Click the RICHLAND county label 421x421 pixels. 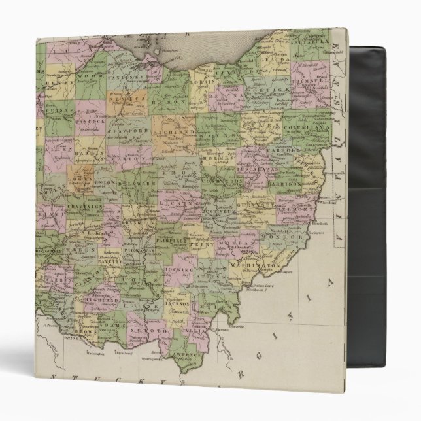click(x=176, y=131)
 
